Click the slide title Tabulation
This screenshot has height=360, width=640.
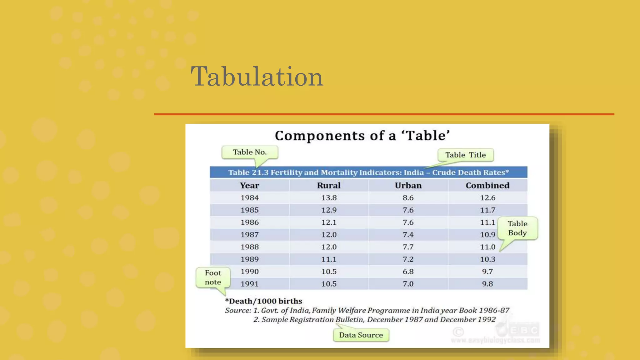[257, 77]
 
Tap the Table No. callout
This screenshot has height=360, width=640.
[250, 152]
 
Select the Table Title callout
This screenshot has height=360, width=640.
[465, 155]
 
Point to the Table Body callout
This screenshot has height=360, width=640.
[517, 228]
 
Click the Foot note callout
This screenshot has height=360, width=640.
[213, 277]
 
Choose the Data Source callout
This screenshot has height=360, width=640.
[361, 335]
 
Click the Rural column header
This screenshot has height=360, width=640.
[329, 186]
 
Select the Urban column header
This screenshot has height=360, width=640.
[408, 186]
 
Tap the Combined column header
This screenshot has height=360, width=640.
[487, 186]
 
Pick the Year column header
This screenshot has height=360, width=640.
[249, 186]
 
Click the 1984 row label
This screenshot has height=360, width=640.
[249, 198]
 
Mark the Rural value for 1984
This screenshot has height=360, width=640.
[329, 198]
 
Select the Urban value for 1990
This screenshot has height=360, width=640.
[408, 272]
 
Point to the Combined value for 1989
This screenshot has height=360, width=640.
[487, 259]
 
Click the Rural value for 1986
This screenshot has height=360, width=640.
[329, 222]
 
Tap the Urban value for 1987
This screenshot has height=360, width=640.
[408, 235]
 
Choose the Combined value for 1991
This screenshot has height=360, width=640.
[487, 284]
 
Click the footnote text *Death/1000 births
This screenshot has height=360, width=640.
[264, 301]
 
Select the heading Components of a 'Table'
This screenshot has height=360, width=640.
[362, 136]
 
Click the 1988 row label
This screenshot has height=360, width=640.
[249, 247]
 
